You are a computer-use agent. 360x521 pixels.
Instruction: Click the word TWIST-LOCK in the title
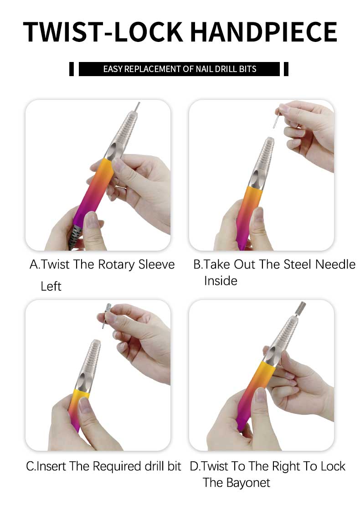103,32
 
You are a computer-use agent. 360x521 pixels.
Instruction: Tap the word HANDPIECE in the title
264,32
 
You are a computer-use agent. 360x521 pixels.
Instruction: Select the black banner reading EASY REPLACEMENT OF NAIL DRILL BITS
180,69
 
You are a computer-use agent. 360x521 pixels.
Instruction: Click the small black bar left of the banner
72,69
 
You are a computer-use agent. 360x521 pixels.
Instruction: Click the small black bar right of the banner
286,69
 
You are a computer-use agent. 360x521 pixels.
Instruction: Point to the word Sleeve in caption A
156,264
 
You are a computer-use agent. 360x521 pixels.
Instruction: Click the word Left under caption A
51,286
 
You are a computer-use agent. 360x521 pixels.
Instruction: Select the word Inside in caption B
221,281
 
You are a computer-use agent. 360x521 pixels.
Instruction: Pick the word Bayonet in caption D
248,482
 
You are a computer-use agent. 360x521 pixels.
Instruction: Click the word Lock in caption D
333,466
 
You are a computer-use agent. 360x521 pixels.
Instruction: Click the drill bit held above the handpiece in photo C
106,315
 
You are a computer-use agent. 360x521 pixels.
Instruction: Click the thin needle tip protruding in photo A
137,107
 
